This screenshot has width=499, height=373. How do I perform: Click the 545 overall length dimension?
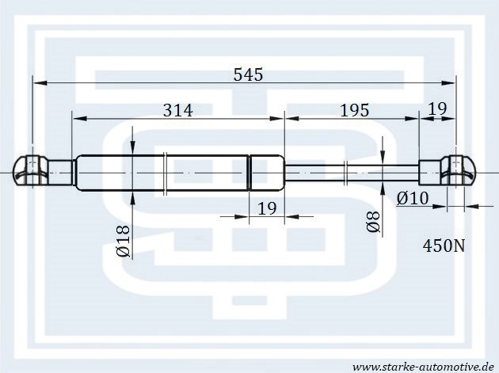[x=248, y=74]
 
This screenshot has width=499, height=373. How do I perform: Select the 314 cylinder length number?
[x=178, y=110]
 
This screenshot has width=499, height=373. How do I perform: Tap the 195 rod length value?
[x=355, y=110]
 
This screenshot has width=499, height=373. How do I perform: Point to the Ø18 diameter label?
[x=124, y=242]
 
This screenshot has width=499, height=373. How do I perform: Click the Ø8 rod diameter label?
[x=373, y=222]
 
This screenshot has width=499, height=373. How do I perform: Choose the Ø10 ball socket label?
[x=413, y=199]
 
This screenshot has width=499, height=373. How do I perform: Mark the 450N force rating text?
[x=444, y=245]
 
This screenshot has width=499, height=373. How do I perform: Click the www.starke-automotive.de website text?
[x=424, y=367]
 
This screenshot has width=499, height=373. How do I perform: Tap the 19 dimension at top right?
[x=437, y=108]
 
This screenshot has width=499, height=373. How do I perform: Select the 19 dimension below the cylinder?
[x=267, y=208]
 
